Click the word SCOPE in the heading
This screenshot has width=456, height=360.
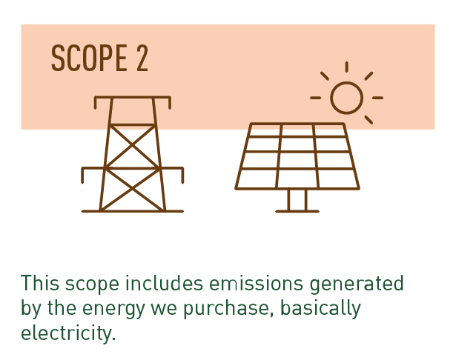click(89, 58)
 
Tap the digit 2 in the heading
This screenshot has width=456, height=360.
click(142, 58)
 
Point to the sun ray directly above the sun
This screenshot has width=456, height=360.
click(347, 67)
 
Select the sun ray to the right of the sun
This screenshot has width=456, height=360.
click(377, 98)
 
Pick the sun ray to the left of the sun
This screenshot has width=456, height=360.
click(316, 98)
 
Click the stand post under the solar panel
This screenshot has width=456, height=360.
click(297, 200)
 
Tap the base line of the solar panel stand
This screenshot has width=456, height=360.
click(297, 211)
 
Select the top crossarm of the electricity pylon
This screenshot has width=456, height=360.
click(132, 97)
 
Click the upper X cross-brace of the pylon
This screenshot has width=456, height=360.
click(132, 146)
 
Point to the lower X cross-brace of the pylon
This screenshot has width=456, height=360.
click(132, 190)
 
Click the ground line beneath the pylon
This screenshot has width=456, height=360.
click(132, 211)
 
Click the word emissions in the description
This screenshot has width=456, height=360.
click(257, 283)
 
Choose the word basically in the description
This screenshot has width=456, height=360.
click(320, 309)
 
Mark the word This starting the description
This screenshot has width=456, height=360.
click(40, 283)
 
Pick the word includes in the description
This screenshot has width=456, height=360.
click(164, 283)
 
